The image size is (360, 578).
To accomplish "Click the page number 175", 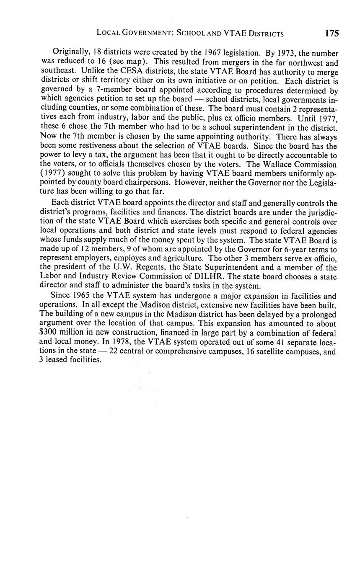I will tap(331, 33).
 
